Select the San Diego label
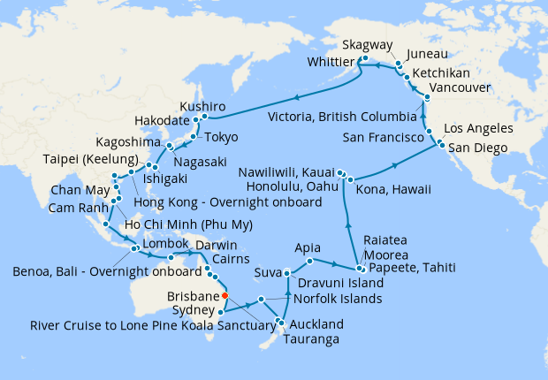point(477,148)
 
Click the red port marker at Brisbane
point(225,296)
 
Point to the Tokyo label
point(222,138)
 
